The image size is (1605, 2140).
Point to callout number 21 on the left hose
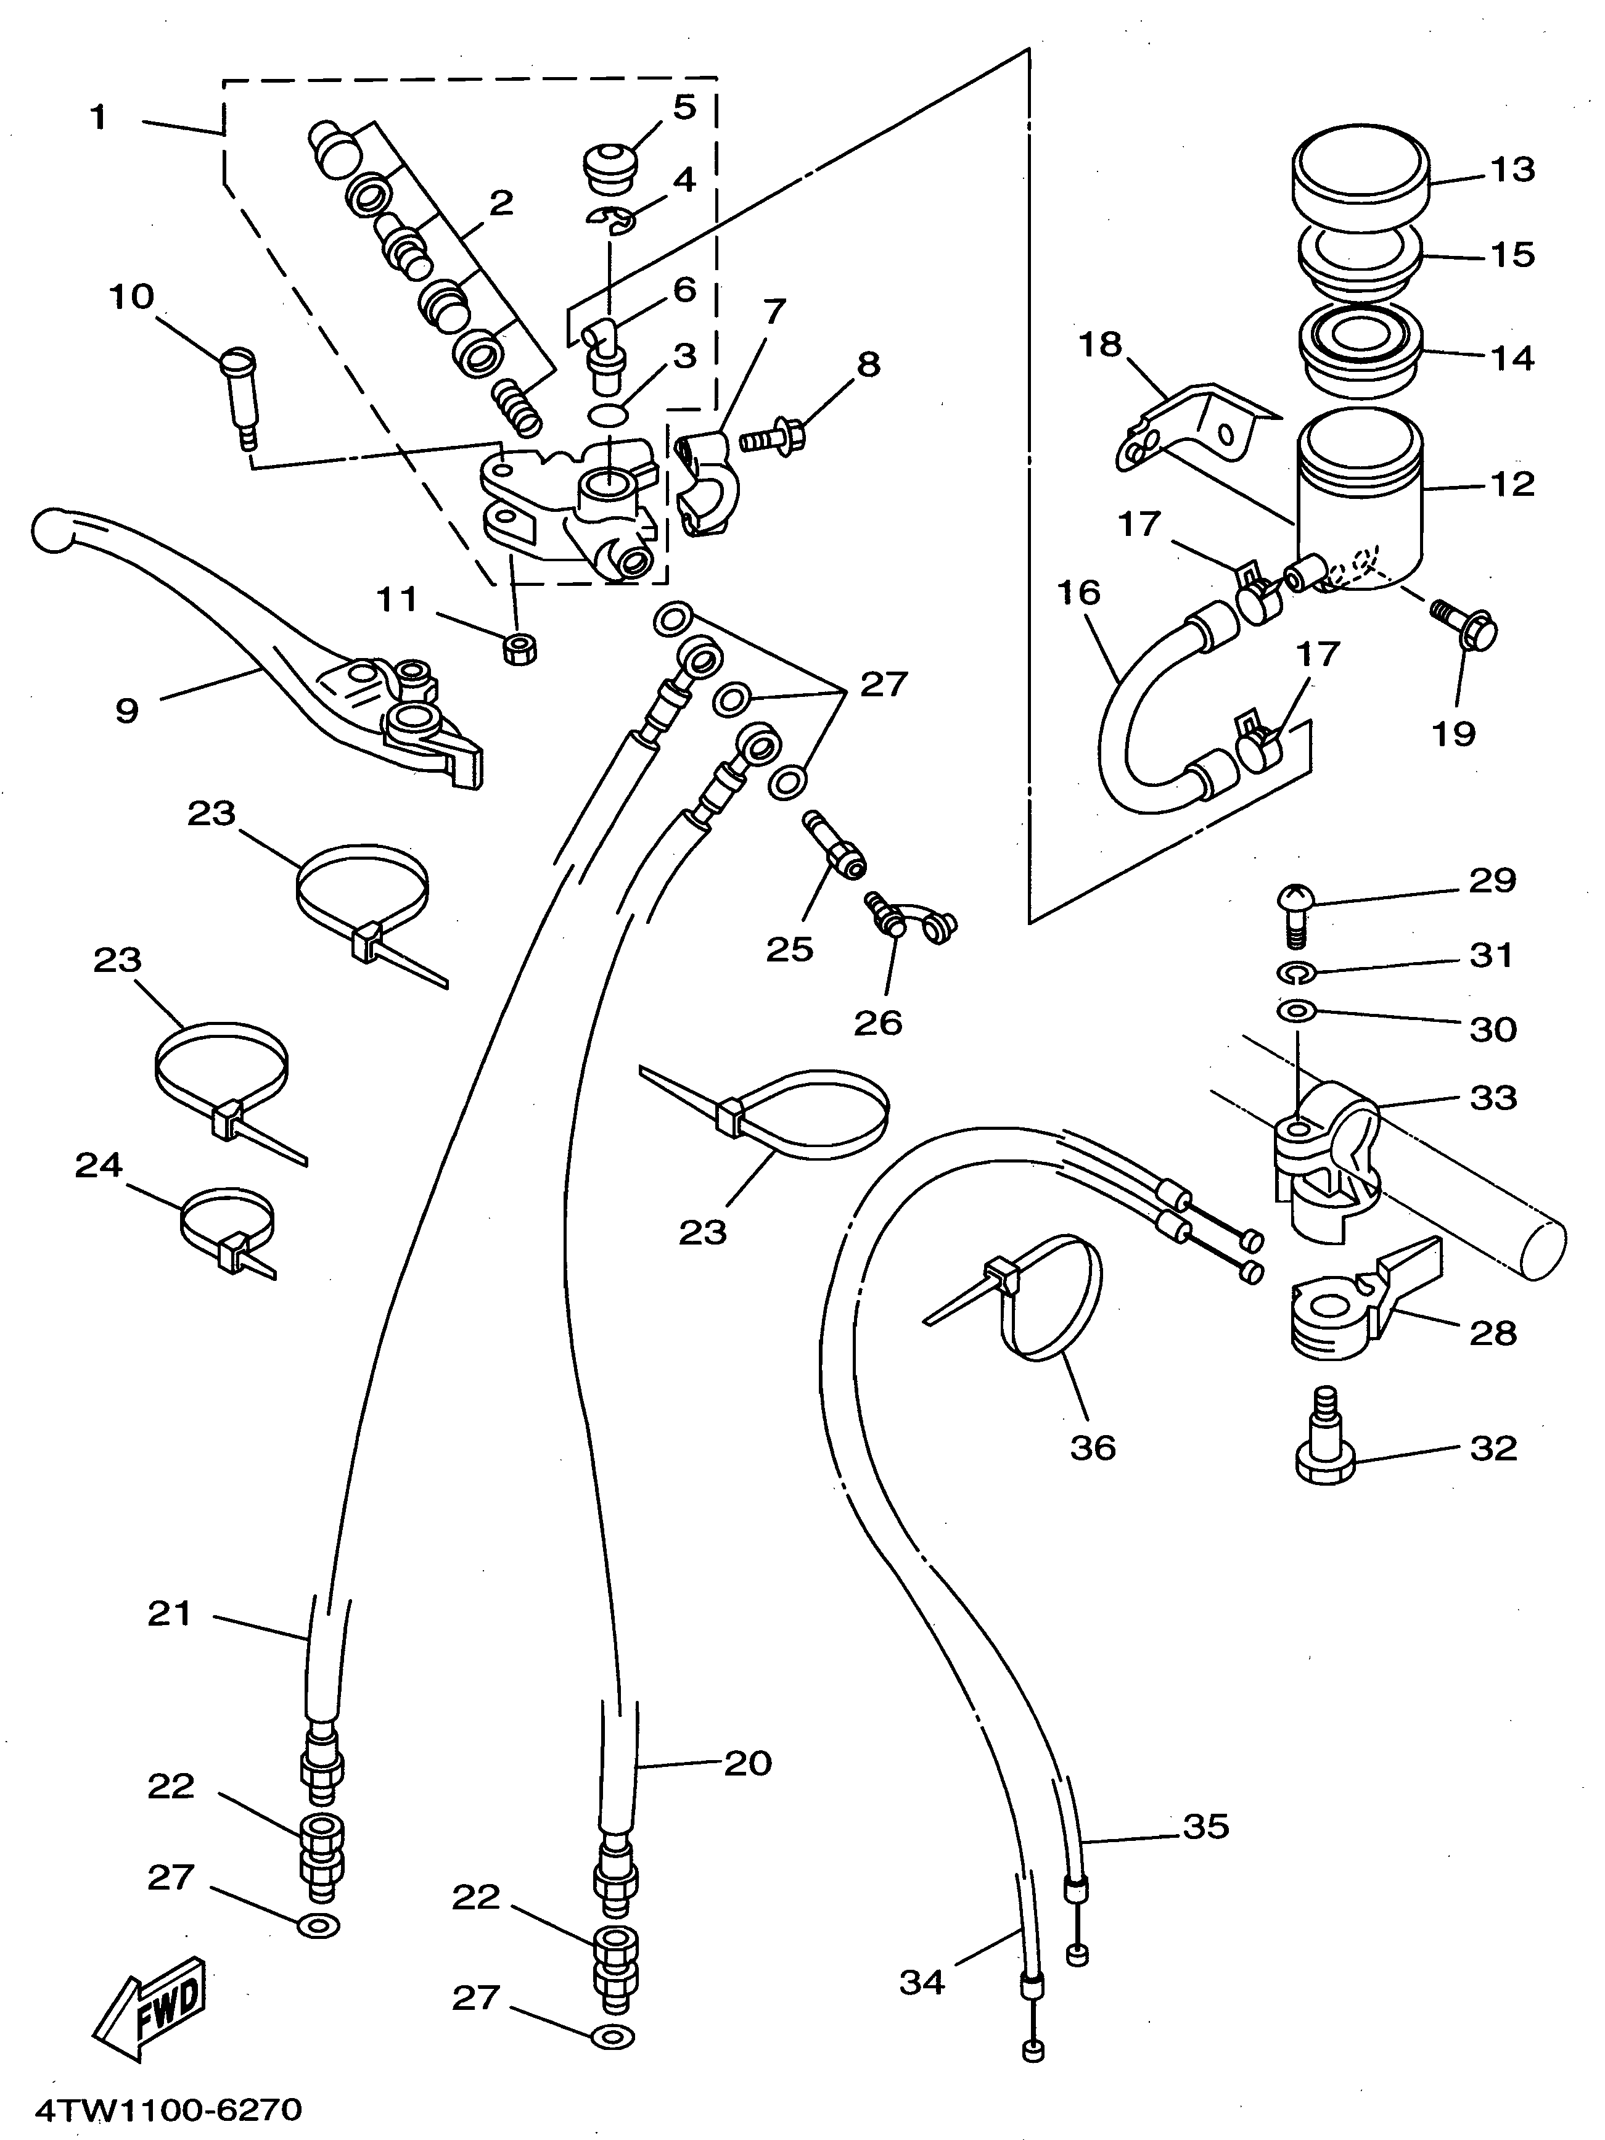pos(170,1614)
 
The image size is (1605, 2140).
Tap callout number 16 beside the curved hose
pos(1078,592)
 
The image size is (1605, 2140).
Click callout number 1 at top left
pos(97,118)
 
